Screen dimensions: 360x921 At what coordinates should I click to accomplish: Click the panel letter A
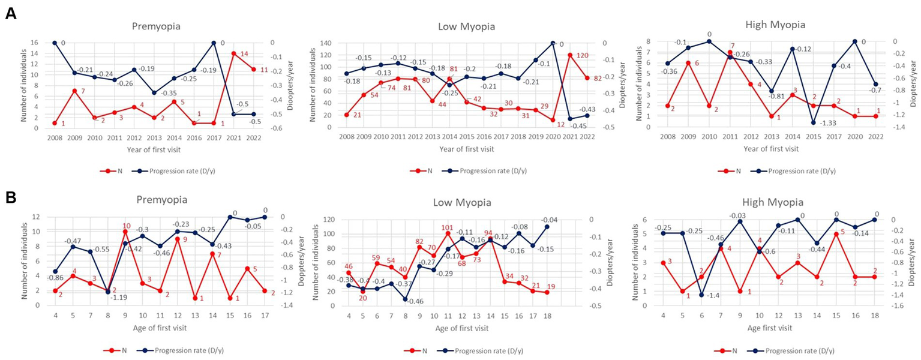coord(10,13)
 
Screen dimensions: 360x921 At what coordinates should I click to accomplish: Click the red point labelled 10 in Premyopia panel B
coord(125,232)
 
